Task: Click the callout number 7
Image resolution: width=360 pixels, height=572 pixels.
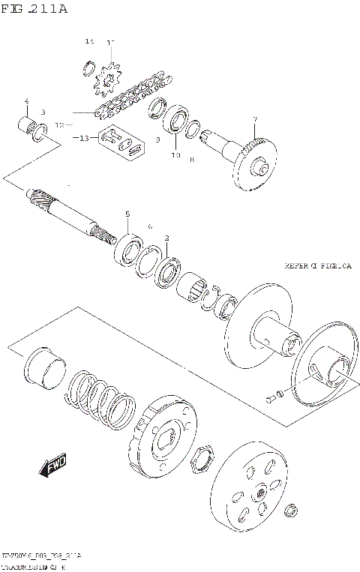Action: [x=255, y=119]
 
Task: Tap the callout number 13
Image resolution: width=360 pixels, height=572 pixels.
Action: [x=83, y=138]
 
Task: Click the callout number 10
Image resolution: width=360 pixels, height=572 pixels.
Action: [x=176, y=155]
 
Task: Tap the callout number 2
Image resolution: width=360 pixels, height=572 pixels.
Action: [x=166, y=237]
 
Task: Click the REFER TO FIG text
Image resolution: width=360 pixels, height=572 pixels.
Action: [x=317, y=265]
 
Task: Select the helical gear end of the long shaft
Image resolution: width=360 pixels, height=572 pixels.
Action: [x=41, y=199]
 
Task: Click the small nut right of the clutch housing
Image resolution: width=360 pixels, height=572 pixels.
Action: [x=289, y=513]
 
